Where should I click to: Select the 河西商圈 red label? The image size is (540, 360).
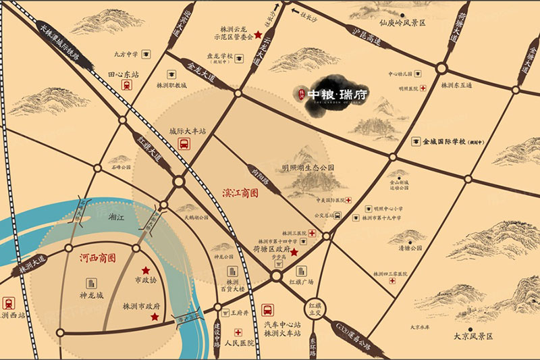(98, 257)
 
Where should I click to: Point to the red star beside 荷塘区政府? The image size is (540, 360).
(294, 252)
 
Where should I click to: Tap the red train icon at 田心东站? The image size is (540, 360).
(126, 86)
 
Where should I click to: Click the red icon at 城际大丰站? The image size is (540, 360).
(183, 143)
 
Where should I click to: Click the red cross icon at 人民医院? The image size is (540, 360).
(239, 333)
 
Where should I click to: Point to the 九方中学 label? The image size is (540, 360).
(126, 55)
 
